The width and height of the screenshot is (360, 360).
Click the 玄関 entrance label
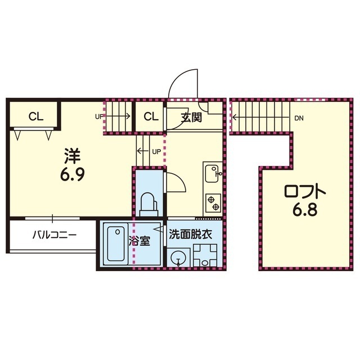(191, 118)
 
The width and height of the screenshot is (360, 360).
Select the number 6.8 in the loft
(305, 210)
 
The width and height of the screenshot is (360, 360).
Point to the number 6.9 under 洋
(73, 174)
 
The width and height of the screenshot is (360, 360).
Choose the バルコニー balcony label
(55, 235)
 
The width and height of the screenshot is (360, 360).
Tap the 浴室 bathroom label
(139, 241)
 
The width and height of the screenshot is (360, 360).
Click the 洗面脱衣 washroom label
(190, 235)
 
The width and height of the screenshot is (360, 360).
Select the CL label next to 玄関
(151, 116)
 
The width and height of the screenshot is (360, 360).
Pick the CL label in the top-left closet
(36, 116)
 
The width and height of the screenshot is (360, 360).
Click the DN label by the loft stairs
(299, 119)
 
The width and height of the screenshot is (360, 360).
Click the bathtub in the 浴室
(116, 244)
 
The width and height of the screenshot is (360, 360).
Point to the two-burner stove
(213, 203)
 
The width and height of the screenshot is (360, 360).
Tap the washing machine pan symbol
(205, 255)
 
